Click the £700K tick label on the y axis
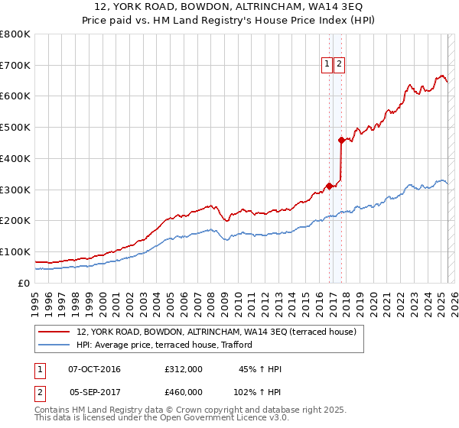click(x=15, y=66)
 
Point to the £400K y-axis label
click(x=15, y=159)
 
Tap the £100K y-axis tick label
click(x=15, y=251)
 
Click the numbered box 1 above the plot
click(x=327, y=65)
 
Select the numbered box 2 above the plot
click(x=338, y=65)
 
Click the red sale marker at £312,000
click(x=329, y=186)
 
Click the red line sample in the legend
click(x=54, y=332)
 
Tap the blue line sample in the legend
click(x=54, y=345)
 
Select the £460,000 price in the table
click(x=184, y=391)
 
